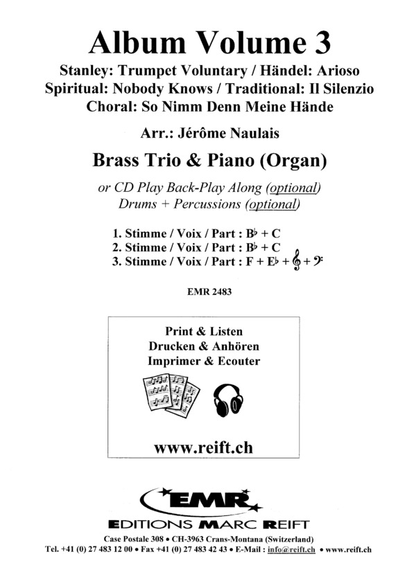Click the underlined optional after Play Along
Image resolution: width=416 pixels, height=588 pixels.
click(294, 187)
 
